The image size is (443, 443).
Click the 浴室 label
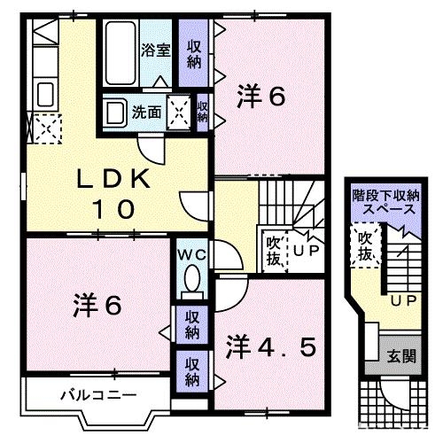157,50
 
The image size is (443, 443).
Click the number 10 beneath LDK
115,209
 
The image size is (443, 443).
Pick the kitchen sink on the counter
45,93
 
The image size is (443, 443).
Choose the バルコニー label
85,394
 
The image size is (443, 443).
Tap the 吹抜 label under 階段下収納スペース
364,245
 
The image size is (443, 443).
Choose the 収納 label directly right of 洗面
203,113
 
